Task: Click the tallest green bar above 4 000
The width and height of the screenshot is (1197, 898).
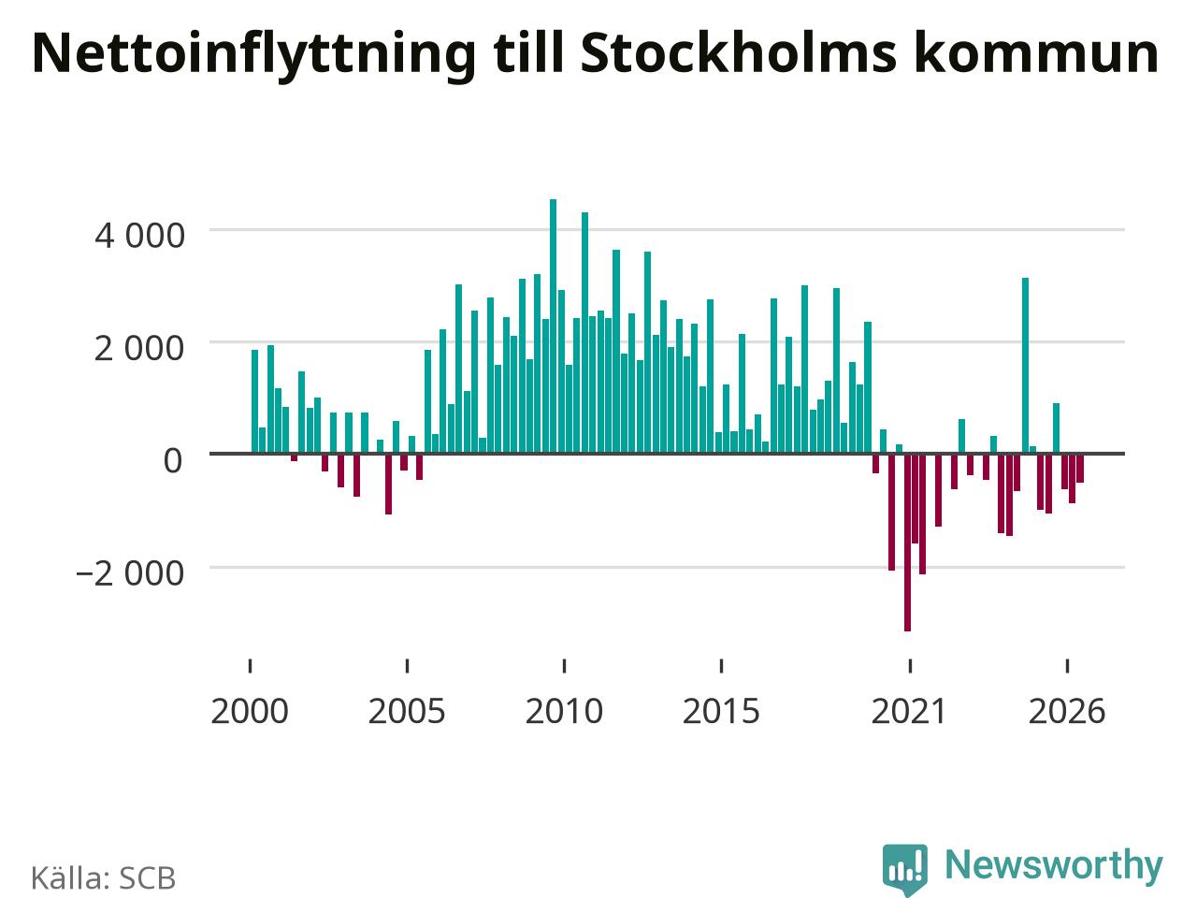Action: click(553, 326)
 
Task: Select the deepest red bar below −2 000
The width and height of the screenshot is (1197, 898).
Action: click(907, 542)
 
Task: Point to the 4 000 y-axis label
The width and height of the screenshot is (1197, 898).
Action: click(139, 236)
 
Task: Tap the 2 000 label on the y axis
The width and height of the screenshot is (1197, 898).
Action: click(139, 348)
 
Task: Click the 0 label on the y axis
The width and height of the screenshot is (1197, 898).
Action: click(173, 460)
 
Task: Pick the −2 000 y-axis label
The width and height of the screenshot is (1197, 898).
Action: click(130, 573)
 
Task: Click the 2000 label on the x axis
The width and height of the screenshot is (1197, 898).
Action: click(250, 712)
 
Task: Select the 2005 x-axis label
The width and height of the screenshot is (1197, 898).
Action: click(407, 712)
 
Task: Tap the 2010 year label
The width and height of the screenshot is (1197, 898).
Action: click(564, 712)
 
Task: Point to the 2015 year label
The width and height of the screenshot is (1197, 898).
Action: click(721, 712)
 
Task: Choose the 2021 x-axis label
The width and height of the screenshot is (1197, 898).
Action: click(909, 712)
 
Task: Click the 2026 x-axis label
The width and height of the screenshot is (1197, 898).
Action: click(1067, 712)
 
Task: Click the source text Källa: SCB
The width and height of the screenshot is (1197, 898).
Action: click(103, 877)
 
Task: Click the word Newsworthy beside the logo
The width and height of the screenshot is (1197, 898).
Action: click(1054, 866)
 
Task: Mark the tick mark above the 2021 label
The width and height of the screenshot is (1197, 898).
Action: click(910, 666)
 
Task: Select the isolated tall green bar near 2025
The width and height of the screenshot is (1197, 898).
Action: click(1025, 366)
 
